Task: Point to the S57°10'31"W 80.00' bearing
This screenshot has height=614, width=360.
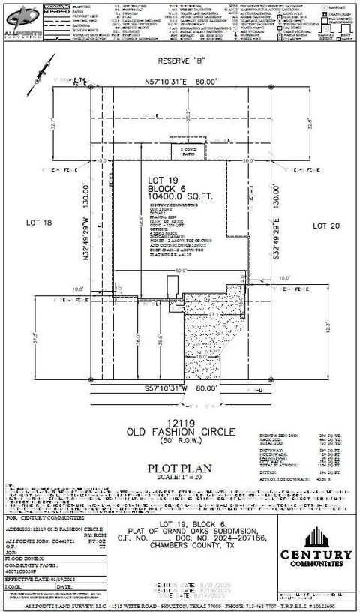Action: (180, 389)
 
